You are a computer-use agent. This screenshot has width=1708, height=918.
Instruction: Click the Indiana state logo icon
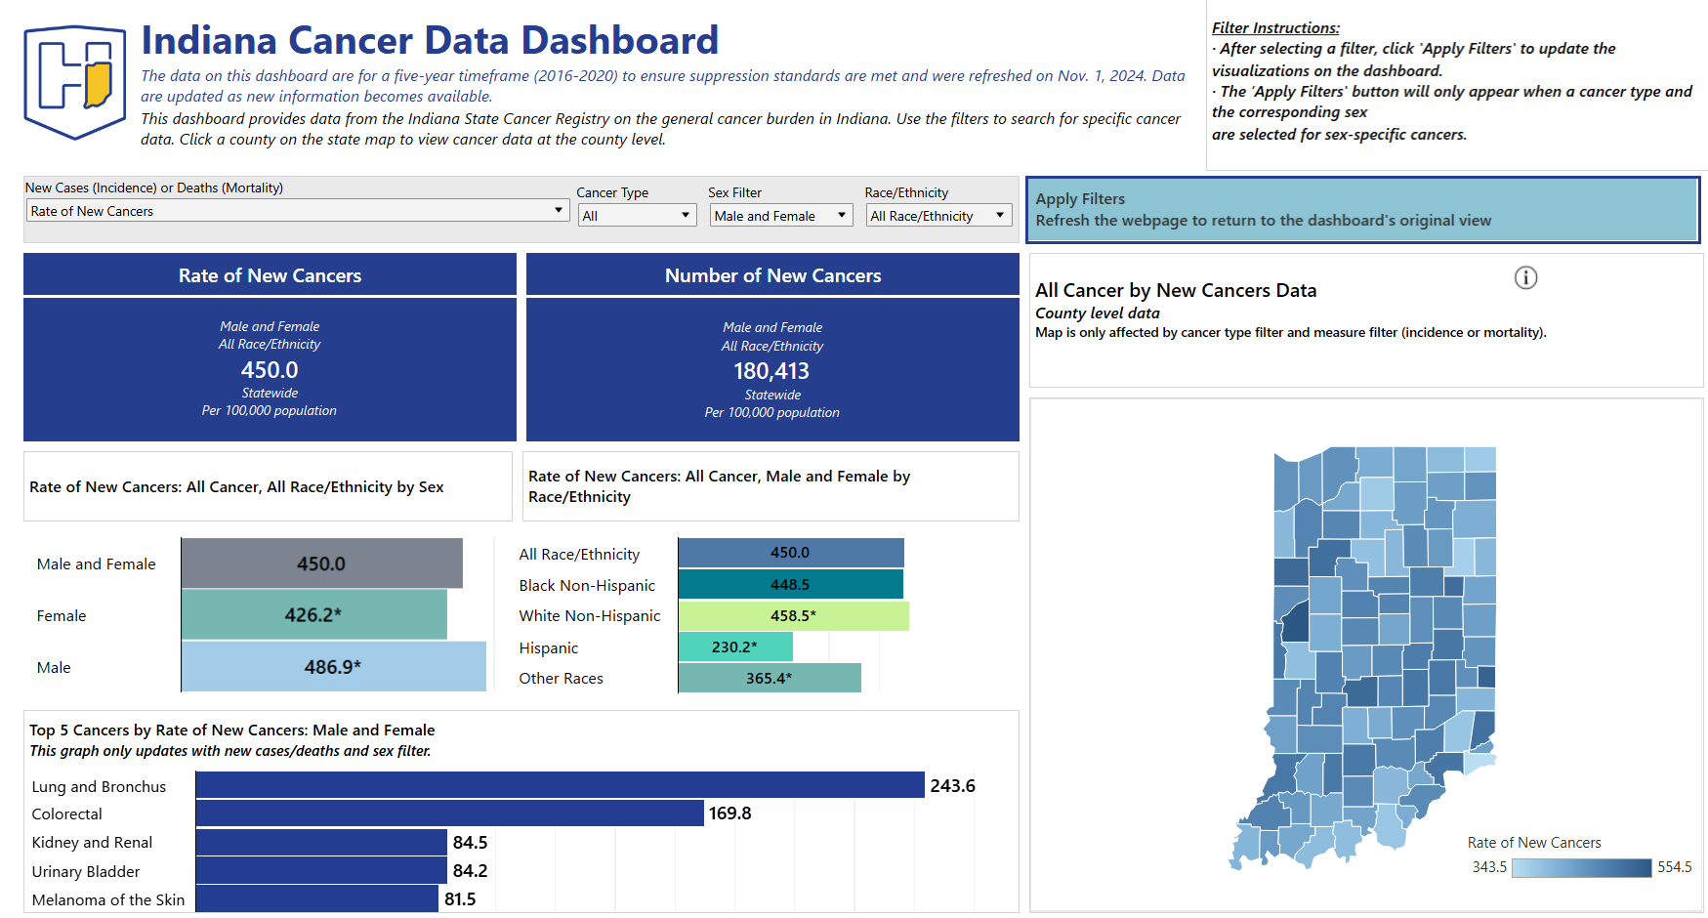(x=75, y=81)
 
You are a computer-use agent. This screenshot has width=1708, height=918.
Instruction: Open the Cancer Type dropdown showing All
(x=637, y=216)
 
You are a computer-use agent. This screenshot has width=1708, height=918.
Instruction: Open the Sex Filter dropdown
(x=780, y=216)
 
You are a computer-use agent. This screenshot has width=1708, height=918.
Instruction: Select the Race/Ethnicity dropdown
(x=938, y=216)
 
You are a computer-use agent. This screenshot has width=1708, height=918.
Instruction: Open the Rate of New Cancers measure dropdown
(x=297, y=211)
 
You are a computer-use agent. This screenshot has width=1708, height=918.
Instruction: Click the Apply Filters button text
(x=1080, y=199)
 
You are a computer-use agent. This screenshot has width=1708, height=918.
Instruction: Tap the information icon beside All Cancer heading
(x=1525, y=278)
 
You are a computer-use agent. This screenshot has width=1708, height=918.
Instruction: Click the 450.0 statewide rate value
(x=270, y=371)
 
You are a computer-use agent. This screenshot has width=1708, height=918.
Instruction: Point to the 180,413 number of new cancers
(x=771, y=372)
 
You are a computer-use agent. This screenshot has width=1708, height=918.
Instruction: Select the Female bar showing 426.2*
(x=313, y=615)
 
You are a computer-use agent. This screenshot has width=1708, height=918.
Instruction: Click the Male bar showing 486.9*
(x=333, y=667)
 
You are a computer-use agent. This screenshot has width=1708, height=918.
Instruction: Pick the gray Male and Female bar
(x=321, y=563)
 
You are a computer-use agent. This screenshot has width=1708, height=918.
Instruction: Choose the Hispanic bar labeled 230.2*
(x=734, y=647)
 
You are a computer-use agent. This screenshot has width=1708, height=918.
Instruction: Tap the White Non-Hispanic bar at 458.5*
(x=793, y=616)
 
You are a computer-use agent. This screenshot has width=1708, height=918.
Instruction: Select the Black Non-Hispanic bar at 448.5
(x=790, y=585)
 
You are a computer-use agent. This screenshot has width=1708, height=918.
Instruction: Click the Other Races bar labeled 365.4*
(x=769, y=678)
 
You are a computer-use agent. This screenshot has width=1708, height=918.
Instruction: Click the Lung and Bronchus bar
(x=560, y=785)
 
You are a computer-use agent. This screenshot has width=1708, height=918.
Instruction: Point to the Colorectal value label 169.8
(x=729, y=814)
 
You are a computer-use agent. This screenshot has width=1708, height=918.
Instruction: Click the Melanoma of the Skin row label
(x=108, y=899)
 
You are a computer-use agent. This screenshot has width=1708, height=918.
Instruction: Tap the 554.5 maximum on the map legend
(x=1674, y=867)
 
